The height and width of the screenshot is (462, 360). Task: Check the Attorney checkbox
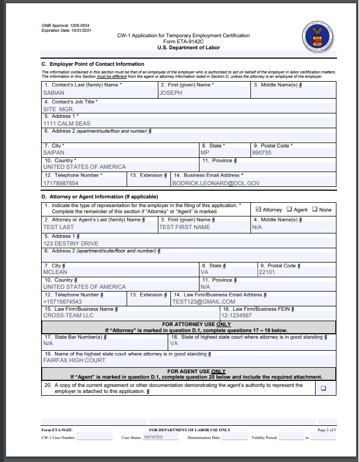(259, 209)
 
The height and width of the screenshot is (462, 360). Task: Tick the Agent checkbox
(290, 209)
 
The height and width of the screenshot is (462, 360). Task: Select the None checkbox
(315, 209)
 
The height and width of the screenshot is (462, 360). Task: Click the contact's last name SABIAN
(54, 93)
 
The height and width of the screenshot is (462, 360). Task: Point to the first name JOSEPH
(170, 93)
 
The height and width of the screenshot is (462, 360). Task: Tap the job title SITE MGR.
(59, 109)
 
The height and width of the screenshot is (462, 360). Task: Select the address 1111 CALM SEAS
(67, 123)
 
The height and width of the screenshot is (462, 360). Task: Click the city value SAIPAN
(54, 152)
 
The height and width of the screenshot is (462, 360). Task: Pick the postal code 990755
(261, 152)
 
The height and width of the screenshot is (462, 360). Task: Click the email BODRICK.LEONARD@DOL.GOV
(216, 183)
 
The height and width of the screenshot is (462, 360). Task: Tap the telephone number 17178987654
(61, 183)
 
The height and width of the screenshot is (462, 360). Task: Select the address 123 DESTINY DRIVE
(71, 243)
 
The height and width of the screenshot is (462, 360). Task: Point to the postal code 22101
(267, 272)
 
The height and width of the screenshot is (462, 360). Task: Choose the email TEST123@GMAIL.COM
(204, 301)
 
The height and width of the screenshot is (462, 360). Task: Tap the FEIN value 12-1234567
(237, 316)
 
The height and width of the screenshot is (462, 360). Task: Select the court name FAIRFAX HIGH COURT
(75, 360)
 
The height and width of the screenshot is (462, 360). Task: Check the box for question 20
(323, 388)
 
